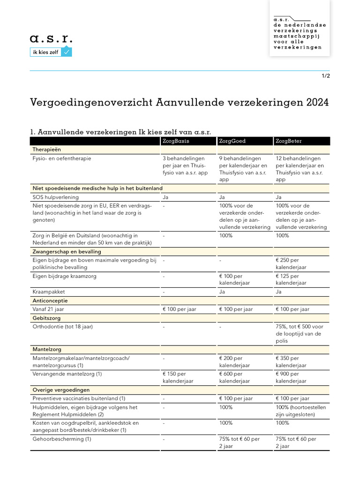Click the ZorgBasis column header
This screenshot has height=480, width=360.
click(176, 141)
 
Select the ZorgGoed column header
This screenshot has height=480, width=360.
click(232, 141)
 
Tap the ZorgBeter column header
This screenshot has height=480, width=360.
click(289, 141)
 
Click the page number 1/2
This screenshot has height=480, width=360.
click(325, 76)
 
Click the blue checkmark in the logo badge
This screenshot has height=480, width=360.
click(67, 52)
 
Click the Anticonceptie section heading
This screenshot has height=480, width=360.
click(50, 300)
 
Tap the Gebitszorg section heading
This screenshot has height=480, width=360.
click(46, 318)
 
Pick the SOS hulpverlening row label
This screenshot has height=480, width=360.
click(56, 197)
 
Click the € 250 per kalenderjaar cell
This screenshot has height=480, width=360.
click(291, 264)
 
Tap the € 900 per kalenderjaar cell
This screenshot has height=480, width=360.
click(291, 378)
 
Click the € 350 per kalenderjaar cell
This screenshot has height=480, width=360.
click(291, 362)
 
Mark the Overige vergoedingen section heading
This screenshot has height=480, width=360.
click(61, 390)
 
